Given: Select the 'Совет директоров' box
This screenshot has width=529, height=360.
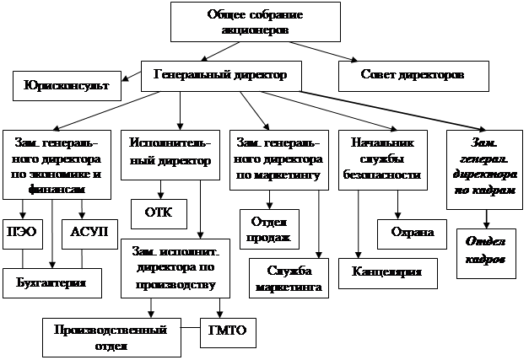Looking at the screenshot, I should click(x=414, y=75).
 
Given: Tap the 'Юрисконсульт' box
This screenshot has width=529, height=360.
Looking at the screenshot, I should click(x=66, y=84).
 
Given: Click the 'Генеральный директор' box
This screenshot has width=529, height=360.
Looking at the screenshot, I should click(x=220, y=75).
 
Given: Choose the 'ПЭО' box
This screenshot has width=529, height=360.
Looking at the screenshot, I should click(x=26, y=232).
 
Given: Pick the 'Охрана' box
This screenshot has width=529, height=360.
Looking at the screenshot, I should click(x=411, y=232).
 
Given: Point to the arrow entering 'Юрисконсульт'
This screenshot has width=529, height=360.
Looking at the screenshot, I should click(x=126, y=81).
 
